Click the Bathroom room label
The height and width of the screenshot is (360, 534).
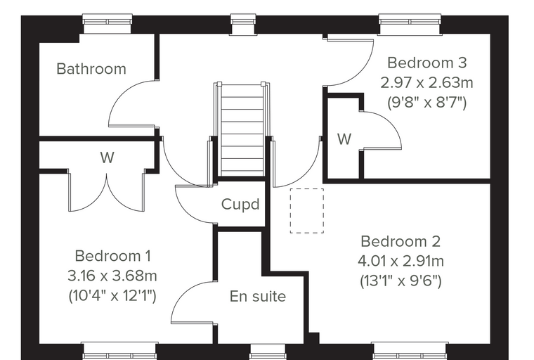(91, 69)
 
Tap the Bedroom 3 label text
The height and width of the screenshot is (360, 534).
(427, 63)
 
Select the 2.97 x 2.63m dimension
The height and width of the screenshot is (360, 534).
(426, 82)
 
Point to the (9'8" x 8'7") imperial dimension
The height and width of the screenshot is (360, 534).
(426, 102)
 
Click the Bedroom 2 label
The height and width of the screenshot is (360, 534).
(400, 241)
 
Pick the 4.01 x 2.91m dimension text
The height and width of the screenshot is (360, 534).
(400, 261)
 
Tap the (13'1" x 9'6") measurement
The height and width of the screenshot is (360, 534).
(400, 281)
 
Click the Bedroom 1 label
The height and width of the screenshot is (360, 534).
(112, 256)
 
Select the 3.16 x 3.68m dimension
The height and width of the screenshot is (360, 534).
(112, 276)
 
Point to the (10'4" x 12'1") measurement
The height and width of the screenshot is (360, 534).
(112, 295)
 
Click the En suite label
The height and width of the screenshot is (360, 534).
(258, 296)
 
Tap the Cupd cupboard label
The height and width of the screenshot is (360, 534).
(240, 204)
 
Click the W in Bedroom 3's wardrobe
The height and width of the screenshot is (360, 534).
(344, 139)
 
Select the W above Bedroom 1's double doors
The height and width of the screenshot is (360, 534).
(108, 157)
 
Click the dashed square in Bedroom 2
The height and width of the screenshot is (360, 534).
(307, 211)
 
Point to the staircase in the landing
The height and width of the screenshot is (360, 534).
(242, 129)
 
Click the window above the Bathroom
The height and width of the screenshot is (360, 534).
(108, 24)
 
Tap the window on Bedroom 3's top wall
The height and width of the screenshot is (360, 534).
(410, 25)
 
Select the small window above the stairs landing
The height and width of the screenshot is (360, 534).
(243, 25)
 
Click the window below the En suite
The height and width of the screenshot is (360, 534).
(268, 352)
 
